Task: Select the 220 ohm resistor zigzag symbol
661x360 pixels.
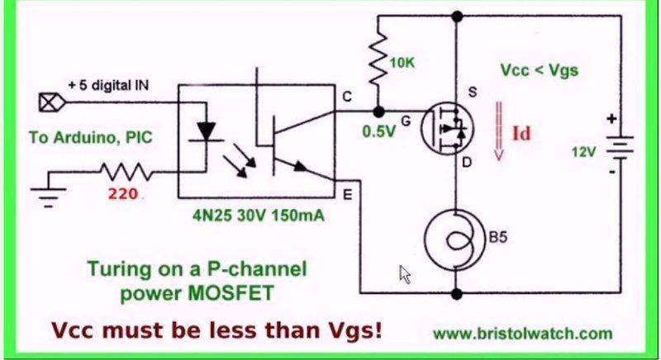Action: (123, 172)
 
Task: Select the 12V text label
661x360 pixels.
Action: (582, 152)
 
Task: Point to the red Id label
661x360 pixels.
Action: (522, 132)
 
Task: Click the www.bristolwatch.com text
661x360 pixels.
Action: (522, 334)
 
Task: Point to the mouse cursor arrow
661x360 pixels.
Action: (405, 274)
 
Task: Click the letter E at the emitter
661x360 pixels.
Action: (346, 194)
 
